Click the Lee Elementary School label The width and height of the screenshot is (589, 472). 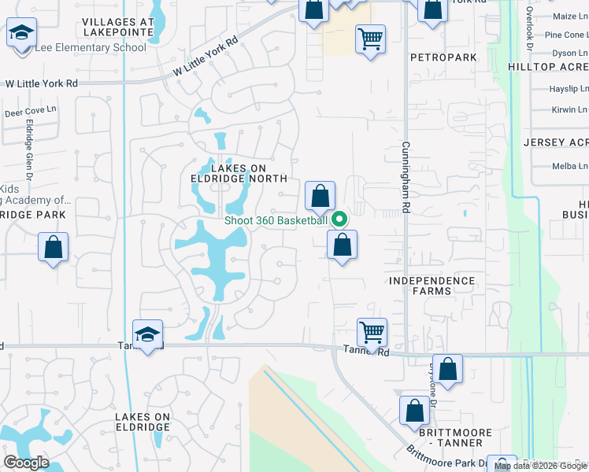[90, 47]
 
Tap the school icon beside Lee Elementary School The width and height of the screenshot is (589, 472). [22, 35]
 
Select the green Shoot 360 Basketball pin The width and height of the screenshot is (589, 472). [339, 219]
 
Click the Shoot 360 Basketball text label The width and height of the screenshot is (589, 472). [276, 220]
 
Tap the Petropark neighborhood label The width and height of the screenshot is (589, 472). [433, 57]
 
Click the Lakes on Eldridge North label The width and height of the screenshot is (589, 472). [239, 173]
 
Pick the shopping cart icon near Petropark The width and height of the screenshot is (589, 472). [370, 37]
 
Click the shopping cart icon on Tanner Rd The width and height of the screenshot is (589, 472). [372, 331]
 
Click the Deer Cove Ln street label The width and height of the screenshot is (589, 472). [31, 112]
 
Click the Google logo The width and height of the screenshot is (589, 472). [25, 462]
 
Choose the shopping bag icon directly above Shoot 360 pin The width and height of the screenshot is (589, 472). [320, 196]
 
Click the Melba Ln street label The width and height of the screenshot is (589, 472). [571, 166]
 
